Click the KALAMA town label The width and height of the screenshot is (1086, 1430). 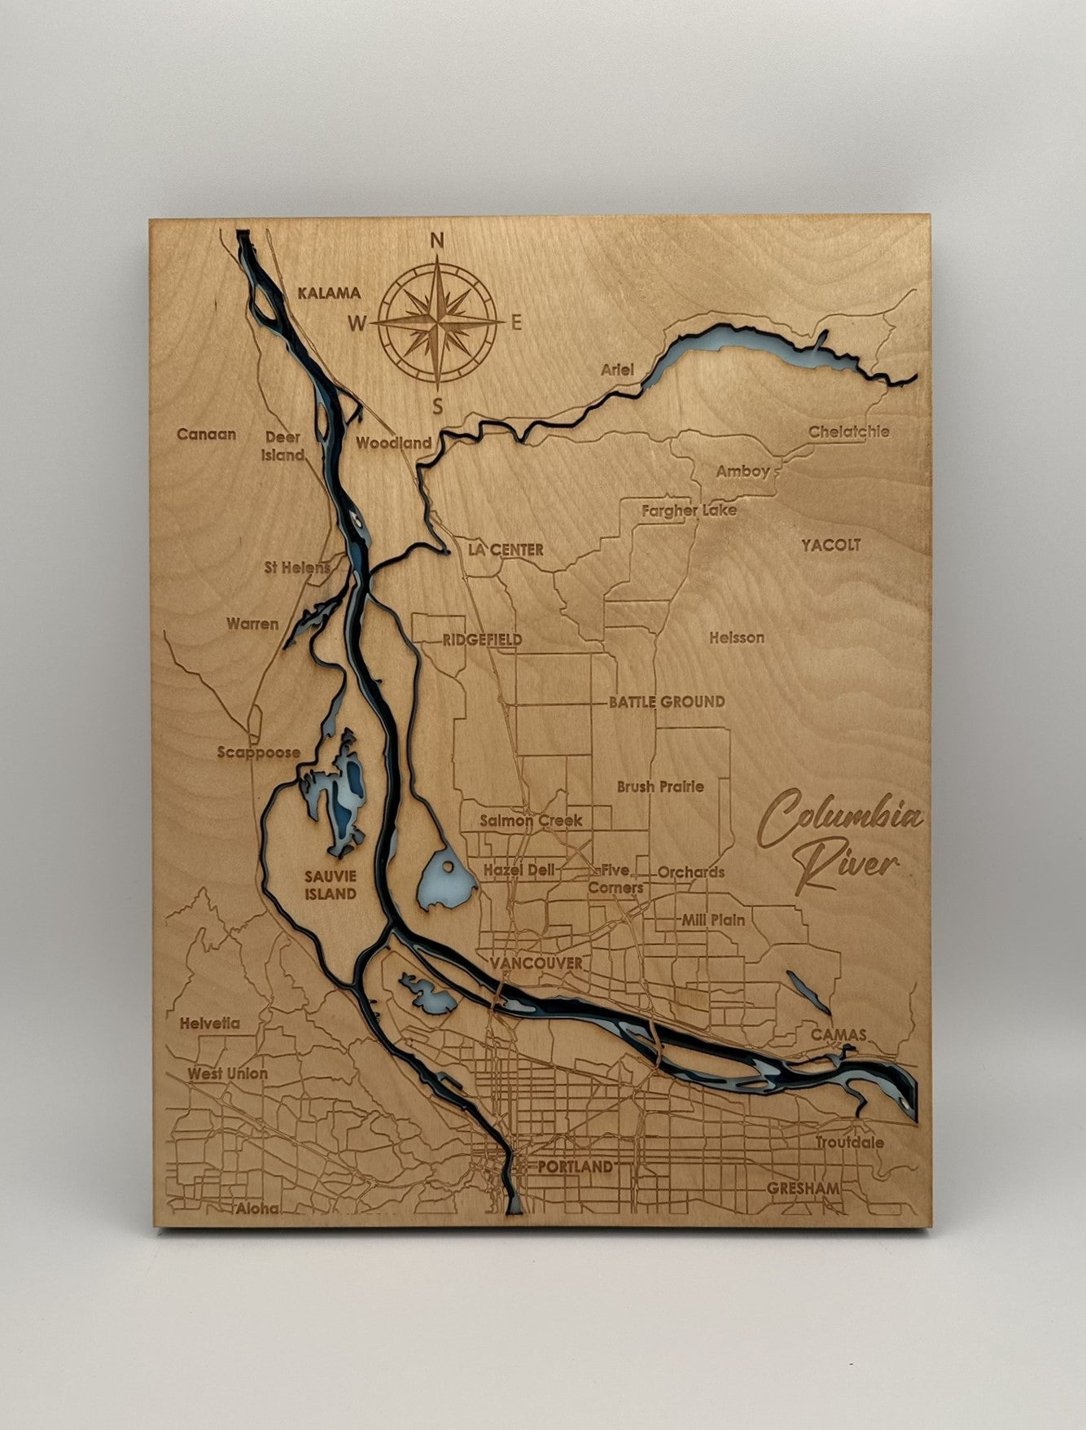[x=328, y=293]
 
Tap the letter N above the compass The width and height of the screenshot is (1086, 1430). [x=436, y=241]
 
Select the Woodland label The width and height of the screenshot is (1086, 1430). [x=394, y=444]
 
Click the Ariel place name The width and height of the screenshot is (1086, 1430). [x=617, y=369]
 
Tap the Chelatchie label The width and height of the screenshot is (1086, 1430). [x=848, y=432]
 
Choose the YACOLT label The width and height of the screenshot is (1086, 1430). [x=830, y=545]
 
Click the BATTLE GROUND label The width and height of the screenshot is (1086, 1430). [x=667, y=701]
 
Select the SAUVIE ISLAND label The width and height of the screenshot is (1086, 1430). [x=331, y=885]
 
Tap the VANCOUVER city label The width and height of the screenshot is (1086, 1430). [x=536, y=963]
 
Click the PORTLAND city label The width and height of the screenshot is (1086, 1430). [x=575, y=1166]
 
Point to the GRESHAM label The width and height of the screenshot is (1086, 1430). [x=803, y=1188]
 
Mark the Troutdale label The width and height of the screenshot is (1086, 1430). [x=849, y=1143]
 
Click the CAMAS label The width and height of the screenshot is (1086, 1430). [x=838, y=1034]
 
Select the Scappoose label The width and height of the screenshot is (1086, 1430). [x=258, y=752]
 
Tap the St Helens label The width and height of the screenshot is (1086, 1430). [x=298, y=567]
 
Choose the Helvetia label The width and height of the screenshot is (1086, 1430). [x=209, y=1023]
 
